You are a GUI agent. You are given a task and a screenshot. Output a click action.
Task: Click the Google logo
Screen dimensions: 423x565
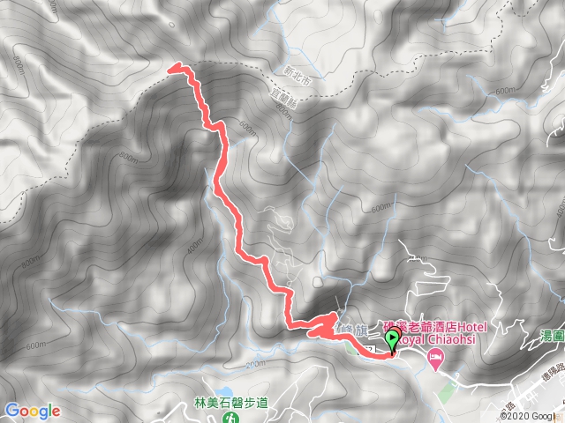pos(32,411)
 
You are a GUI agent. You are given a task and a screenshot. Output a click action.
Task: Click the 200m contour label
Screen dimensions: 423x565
pos(255,363)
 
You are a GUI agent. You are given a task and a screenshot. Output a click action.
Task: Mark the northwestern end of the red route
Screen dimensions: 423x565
pos(171,67)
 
